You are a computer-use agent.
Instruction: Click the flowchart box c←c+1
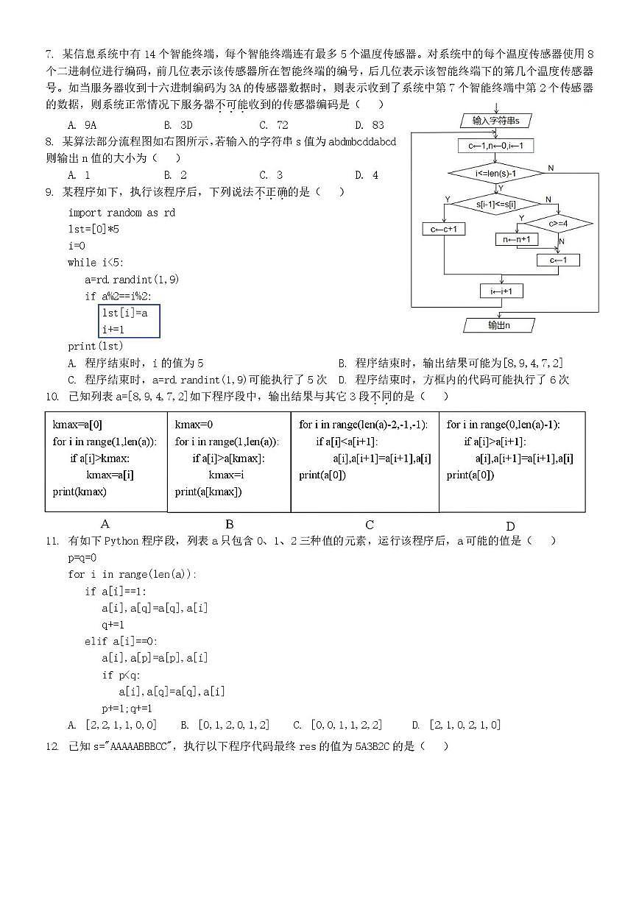[444, 230]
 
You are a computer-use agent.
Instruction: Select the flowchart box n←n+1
[517, 239]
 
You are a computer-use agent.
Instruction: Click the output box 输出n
[499, 325]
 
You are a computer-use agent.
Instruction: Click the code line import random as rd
[122, 213]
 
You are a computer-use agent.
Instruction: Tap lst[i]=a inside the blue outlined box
[125, 313]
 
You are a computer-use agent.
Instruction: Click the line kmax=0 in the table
[194, 425]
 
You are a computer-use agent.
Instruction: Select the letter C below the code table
[370, 525]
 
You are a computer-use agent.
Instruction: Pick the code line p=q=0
[82, 558]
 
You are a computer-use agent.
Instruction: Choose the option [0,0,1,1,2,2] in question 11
[346, 725]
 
